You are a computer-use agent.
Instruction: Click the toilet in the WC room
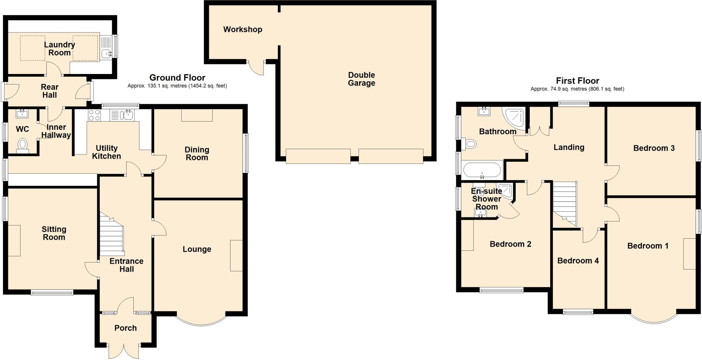pyautogui.click(x=23, y=145)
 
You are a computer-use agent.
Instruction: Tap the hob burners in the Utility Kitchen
pyautogui.click(x=94, y=115)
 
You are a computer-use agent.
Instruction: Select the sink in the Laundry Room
pyautogui.click(x=106, y=53)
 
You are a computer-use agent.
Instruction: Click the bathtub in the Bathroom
pyautogui.click(x=482, y=170)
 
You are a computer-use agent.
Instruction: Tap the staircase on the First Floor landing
pyautogui.click(x=565, y=202)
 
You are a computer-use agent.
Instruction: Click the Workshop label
pyautogui.click(x=243, y=29)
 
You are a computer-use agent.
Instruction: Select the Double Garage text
pyautogui.click(x=361, y=79)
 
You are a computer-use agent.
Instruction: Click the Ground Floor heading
pyautogui.click(x=177, y=78)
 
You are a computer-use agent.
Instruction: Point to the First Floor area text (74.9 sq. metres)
pyautogui.click(x=577, y=89)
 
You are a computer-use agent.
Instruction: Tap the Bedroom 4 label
pyautogui.click(x=578, y=261)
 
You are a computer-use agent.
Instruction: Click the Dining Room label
pyautogui.click(x=197, y=153)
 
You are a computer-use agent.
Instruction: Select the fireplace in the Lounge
pyautogui.click(x=236, y=256)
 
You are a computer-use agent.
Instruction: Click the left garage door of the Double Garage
pyautogui.click(x=318, y=156)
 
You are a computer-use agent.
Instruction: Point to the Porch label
pyautogui.click(x=125, y=328)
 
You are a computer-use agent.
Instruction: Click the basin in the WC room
pyautogui.click(x=22, y=113)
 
